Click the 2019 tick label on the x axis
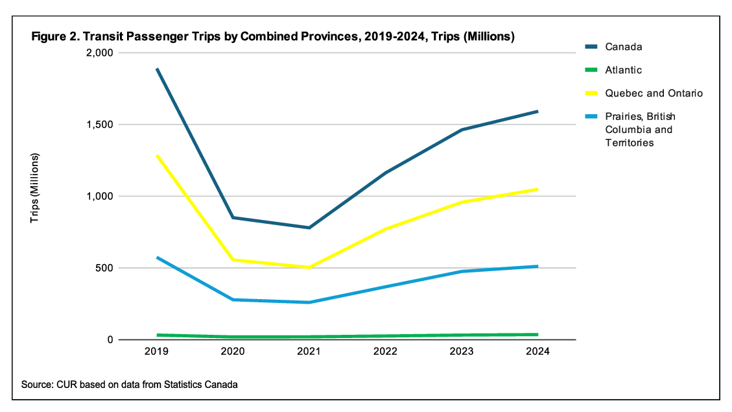coord(157,352)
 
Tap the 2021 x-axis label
coord(309,352)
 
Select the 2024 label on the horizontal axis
coord(537,352)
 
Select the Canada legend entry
coord(623,47)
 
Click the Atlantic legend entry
coord(623,70)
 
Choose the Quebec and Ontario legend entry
coord(654,93)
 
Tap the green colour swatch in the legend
coord(589,70)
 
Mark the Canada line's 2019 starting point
coord(157,68)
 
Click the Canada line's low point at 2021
coord(309,228)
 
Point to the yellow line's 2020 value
coord(233,260)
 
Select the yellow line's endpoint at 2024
coord(537,189)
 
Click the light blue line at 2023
coord(462,271)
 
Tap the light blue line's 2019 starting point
coord(157,257)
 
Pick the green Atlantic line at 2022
coord(385,336)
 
